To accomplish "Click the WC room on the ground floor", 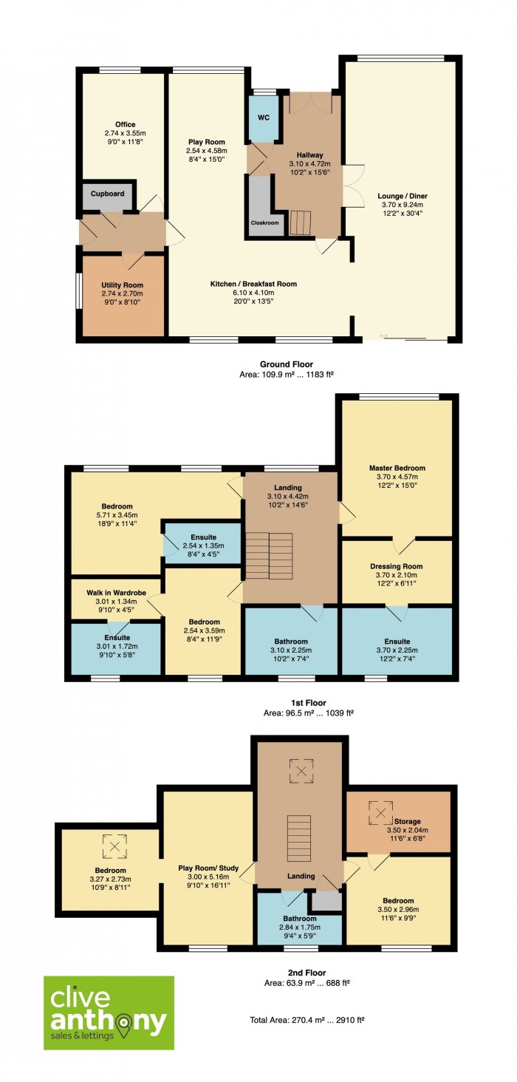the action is click(263, 118).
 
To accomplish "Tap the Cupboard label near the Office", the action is click(107, 194).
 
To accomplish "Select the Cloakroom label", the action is click(264, 223).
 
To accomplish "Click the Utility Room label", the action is click(122, 285).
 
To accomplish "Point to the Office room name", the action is click(125, 125).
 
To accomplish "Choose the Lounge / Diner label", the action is click(402, 196).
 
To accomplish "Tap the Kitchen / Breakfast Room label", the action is click(253, 284).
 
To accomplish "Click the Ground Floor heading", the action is click(287, 364).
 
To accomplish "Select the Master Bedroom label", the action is click(397, 468).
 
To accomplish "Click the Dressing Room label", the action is click(397, 567).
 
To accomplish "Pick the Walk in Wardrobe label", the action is click(117, 593).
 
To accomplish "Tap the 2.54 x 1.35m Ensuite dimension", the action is click(203, 546).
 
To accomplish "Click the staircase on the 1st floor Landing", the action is click(270, 556).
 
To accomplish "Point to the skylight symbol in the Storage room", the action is click(381, 812).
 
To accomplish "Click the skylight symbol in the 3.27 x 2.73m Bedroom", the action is click(114, 846).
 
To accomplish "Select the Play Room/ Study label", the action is click(208, 868).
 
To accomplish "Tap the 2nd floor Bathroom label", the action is click(300, 919).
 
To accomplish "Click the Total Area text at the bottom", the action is click(307, 1020).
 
